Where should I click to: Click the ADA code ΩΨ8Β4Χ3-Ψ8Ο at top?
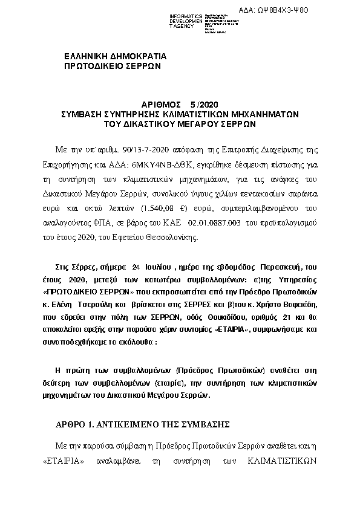pos(318,10)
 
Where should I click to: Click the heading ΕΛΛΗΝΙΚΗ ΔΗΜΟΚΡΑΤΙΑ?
pos(116,56)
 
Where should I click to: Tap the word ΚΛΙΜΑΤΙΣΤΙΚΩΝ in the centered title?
pos(209,113)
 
